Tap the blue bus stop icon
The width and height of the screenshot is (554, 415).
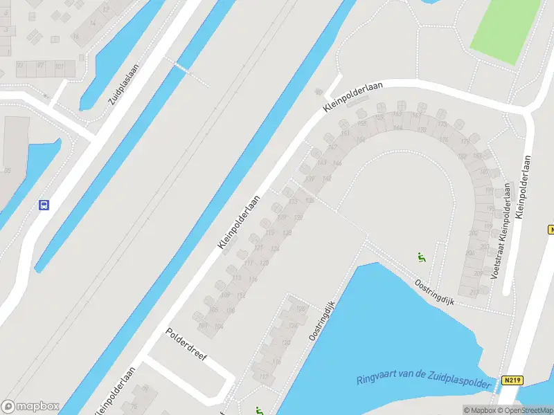pos(44,205)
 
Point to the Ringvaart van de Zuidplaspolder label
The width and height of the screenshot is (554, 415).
pos(427,377)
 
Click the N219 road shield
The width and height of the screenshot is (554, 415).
pos(512,380)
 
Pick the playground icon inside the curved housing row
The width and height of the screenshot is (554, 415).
pos(421,257)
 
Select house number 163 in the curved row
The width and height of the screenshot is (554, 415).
pos(321,163)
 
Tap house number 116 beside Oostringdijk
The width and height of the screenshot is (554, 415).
pos(277,361)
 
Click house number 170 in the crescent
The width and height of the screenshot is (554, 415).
pos(422,129)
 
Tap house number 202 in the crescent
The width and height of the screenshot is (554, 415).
pos(473,233)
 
